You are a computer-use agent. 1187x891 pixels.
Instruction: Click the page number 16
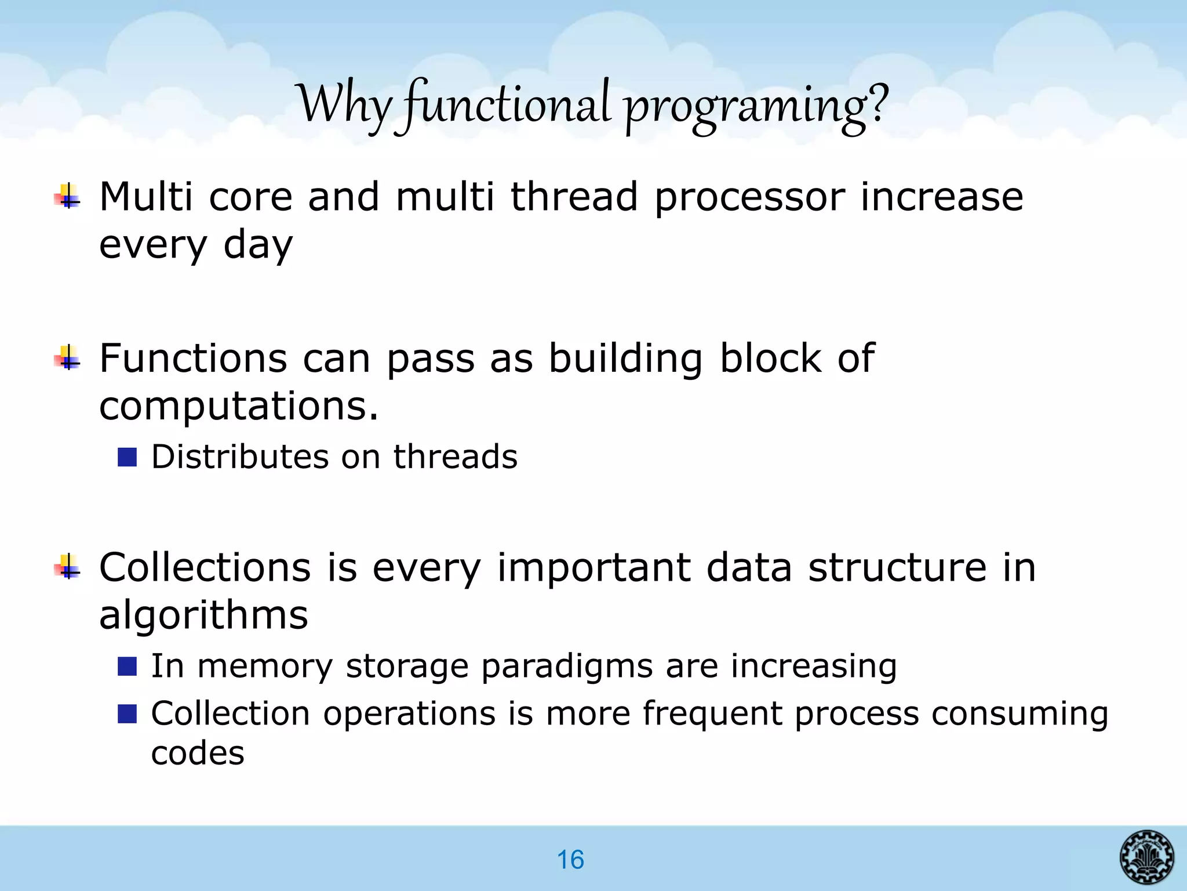pos(570,860)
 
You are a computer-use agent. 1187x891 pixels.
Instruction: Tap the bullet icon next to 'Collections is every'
pos(68,566)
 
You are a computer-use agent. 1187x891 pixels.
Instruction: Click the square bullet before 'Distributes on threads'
pos(126,457)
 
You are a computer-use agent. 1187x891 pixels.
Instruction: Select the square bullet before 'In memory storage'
pos(126,666)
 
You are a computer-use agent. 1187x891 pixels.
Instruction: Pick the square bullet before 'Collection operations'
pos(126,713)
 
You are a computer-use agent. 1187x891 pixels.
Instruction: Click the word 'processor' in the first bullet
pos(749,197)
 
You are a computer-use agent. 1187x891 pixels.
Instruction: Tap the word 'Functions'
pos(193,358)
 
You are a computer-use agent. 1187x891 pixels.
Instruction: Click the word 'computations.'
pos(239,406)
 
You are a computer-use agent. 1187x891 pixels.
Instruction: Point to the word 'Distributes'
pos(239,457)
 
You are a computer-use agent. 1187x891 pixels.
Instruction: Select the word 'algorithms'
pos(203,615)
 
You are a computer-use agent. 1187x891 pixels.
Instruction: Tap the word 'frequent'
pos(712,714)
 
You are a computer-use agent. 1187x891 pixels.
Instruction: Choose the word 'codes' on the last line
pos(198,754)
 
